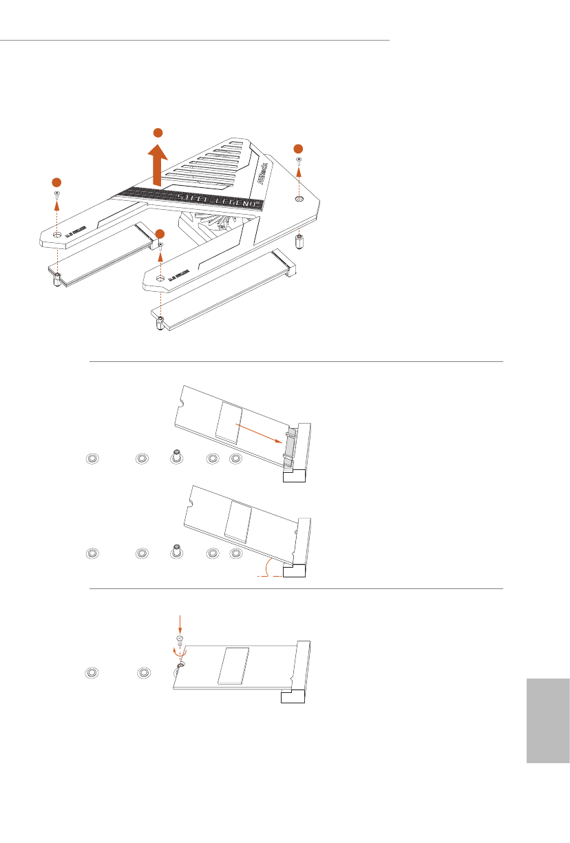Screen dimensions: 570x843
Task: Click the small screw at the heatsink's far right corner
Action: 298,160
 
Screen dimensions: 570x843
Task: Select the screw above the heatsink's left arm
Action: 56,195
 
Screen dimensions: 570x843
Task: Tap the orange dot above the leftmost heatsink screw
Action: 56,182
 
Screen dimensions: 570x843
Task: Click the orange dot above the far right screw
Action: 297,149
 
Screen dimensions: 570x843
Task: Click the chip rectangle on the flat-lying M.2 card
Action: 231,665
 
